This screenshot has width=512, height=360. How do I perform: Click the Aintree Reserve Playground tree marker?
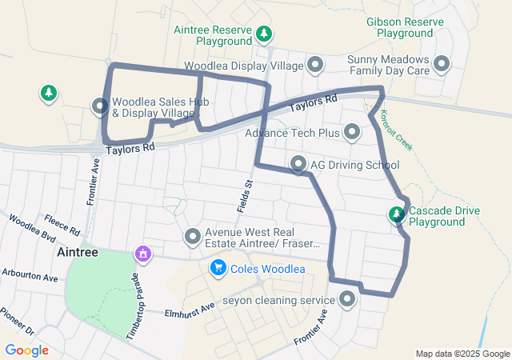coord(264,34)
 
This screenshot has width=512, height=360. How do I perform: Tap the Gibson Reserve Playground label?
coord(399,28)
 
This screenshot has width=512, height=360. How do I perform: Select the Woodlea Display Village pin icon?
coord(315,64)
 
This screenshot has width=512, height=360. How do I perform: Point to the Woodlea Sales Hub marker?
coord(100,106)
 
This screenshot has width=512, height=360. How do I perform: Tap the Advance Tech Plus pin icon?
coord(351,132)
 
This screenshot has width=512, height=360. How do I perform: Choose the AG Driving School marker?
coord(298,165)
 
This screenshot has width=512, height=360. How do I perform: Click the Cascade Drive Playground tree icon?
coord(396,214)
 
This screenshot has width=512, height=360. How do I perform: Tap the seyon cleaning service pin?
coord(347,300)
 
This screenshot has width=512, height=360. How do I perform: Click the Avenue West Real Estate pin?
coord(192,236)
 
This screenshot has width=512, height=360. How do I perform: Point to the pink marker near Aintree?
coord(143,254)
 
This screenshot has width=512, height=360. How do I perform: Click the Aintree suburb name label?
coord(78,251)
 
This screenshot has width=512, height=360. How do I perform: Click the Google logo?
coord(26,350)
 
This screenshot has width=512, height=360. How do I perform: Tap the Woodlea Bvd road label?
coord(33,230)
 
